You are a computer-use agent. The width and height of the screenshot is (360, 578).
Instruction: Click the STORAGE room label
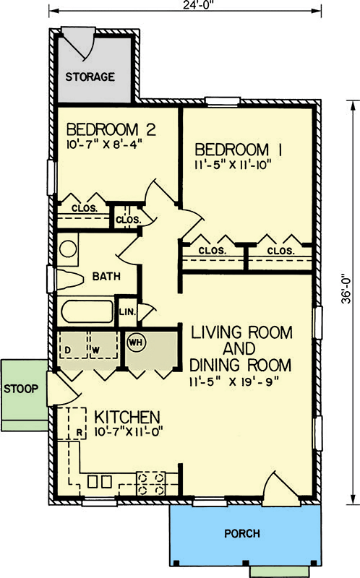pyautogui.click(x=90, y=76)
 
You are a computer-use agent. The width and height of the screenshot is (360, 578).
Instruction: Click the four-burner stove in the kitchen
pyautogui.click(x=151, y=483)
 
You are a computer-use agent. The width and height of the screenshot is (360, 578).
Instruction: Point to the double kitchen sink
pyautogui.click(x=100, y=480)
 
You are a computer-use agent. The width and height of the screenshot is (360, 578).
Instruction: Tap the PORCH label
pyautogui.click(x=242, y=534)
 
